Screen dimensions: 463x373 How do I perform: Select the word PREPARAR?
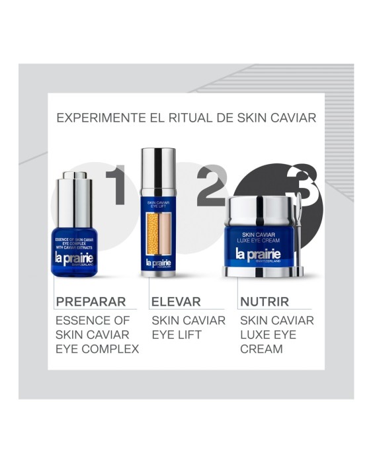tap(91, 302)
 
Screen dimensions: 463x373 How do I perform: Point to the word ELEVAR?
tap(175, 302)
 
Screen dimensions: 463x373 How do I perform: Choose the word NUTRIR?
tap(265, 302)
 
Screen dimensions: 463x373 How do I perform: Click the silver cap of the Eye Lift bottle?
tap(157, 171)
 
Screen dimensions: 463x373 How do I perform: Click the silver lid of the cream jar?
tap(263, 210)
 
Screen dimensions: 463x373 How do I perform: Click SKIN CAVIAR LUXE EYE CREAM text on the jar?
tap(263, 235)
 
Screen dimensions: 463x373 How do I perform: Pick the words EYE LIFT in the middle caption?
tap(177, 335)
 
